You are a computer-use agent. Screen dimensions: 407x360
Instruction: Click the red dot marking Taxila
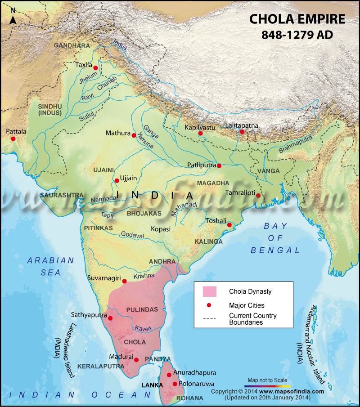coord(95,68)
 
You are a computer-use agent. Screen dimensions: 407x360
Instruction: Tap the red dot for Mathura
coord(134,135)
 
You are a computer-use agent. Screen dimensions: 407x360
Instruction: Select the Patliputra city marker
coord(219,166)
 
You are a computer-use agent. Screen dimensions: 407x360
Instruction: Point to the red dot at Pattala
coord(13,139)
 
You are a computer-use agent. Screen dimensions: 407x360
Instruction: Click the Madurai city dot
coord(136,360)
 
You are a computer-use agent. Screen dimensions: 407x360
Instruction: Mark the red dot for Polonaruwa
coord(175,384)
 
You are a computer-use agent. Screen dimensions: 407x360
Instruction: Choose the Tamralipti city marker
coord(258,196)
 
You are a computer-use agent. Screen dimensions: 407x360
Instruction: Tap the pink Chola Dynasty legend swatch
coord(210,291)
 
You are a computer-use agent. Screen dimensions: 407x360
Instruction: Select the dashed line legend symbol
coord(210,318)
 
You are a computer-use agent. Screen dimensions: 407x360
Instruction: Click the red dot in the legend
coord(210,305)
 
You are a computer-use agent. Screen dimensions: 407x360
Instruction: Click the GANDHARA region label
coord(72,46)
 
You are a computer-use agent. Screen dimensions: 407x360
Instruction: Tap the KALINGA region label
coord(208,242)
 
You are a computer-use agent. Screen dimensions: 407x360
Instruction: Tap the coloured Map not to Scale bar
coord(269,385)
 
